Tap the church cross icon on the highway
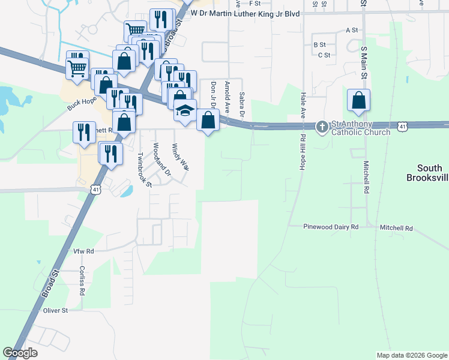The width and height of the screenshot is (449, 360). click(x=322, y=127)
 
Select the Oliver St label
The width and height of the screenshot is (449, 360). click(x=55, y=311)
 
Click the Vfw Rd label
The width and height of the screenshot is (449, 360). click(x=84, y=251)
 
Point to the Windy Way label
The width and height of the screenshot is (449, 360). click(x=180, y=158)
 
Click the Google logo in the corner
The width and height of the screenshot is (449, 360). click(x=20, y=353)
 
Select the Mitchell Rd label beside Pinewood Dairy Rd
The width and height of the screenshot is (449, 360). click(x=396, y=228)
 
